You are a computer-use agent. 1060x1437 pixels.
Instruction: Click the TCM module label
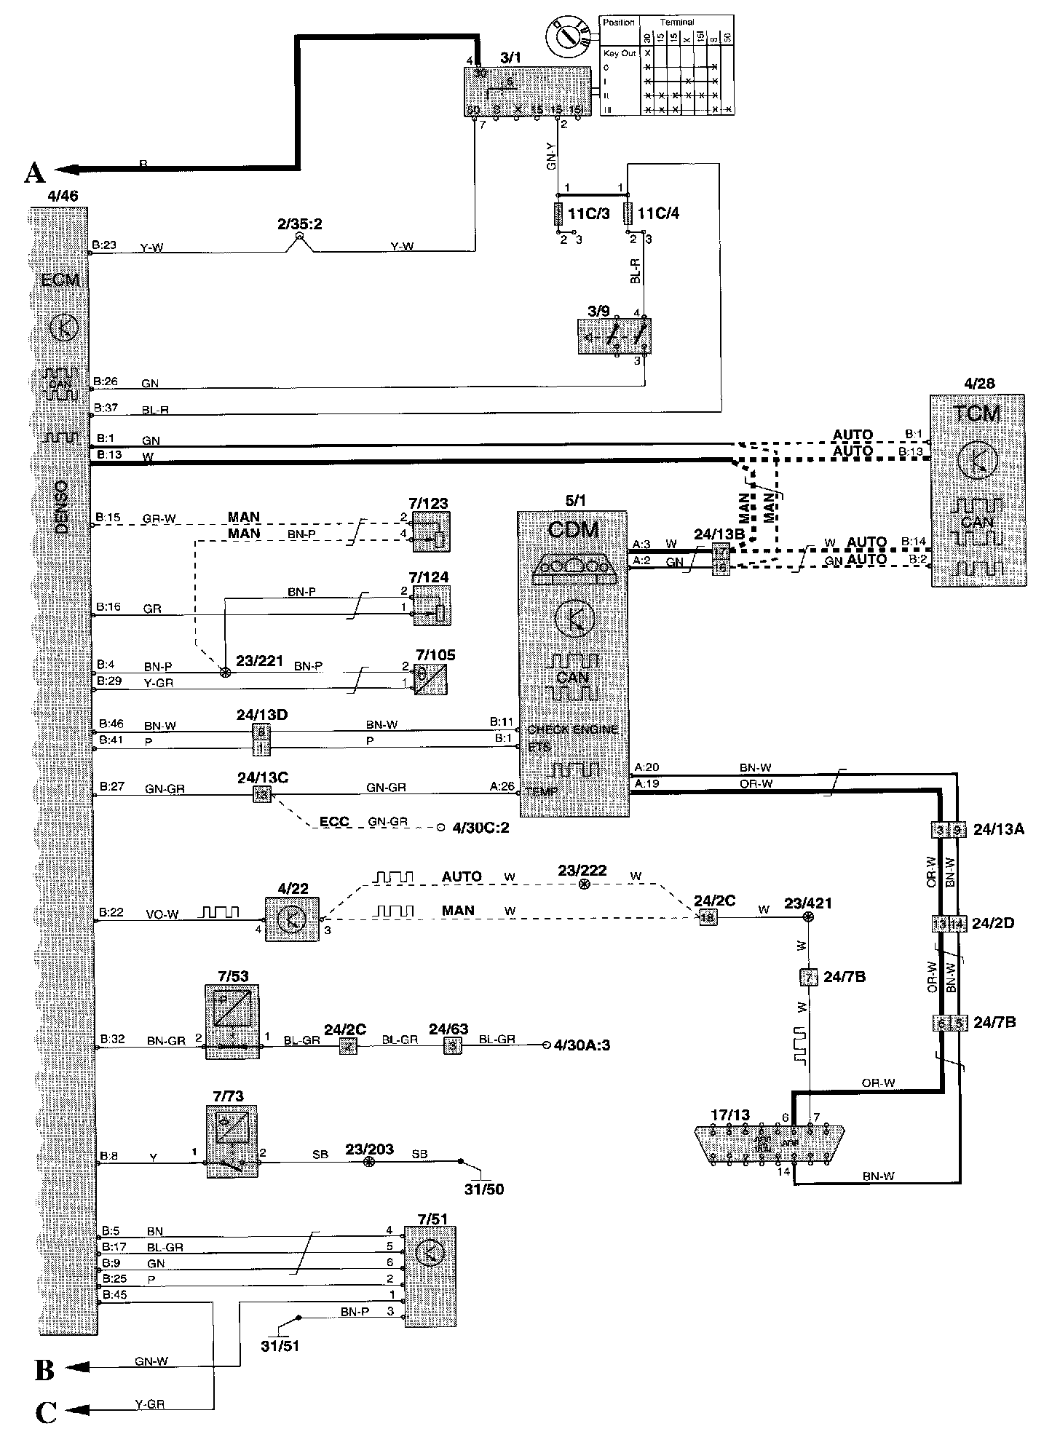(x=976, y=413)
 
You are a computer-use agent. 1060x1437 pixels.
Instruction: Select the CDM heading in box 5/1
(x=572, y=529)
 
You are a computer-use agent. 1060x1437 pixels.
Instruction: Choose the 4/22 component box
(x=291, y=919)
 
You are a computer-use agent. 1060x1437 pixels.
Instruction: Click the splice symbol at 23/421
(x=807, y=918)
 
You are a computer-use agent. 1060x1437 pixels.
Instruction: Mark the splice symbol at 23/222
(x=583, y=885)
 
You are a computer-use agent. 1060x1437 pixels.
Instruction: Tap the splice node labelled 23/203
(x=369, y=1163)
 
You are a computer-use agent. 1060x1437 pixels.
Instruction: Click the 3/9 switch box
(x=613, y=336)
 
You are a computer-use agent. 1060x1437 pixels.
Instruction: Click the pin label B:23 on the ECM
(x=105, y=245)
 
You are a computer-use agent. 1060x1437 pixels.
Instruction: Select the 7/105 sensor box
(x=430, y=679)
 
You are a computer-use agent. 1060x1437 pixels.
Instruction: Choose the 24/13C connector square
(x=262, y=795)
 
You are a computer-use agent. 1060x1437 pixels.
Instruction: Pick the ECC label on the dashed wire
(x=334, y=822)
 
